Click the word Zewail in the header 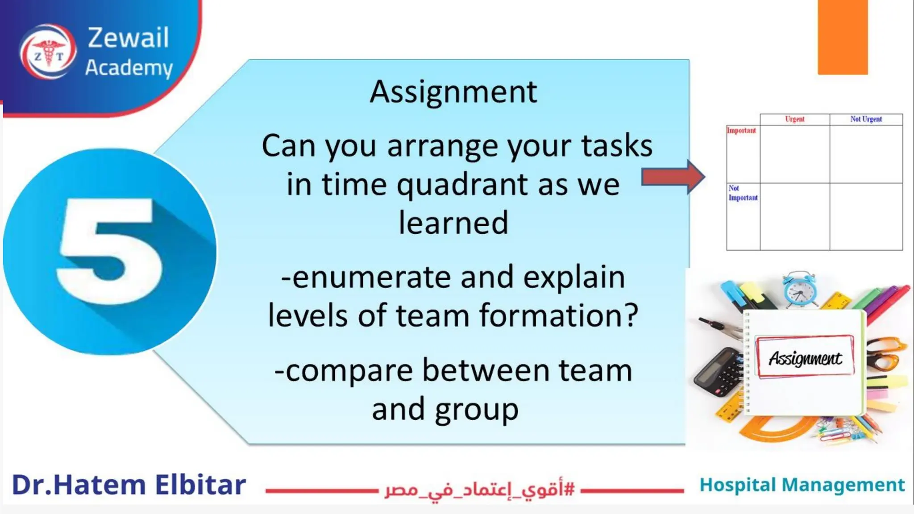[129, 37]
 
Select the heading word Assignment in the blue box [453, 92]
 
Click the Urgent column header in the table [794, 119]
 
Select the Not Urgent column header [866, 119]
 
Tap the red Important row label [741, 131]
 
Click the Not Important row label [743, 193]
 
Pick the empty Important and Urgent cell [794, 154]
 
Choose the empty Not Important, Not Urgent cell [866, 216]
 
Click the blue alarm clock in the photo [800, 290]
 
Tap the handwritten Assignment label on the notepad [805, 358]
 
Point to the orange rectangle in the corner [843, 37]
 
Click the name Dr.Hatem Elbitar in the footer [129, 485]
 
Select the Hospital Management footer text [802, 485]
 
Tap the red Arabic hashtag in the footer [479, 489]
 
